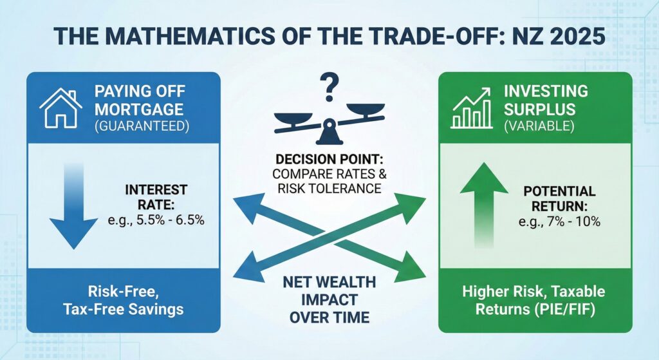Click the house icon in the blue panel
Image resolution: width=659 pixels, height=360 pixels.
[60, 108]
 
